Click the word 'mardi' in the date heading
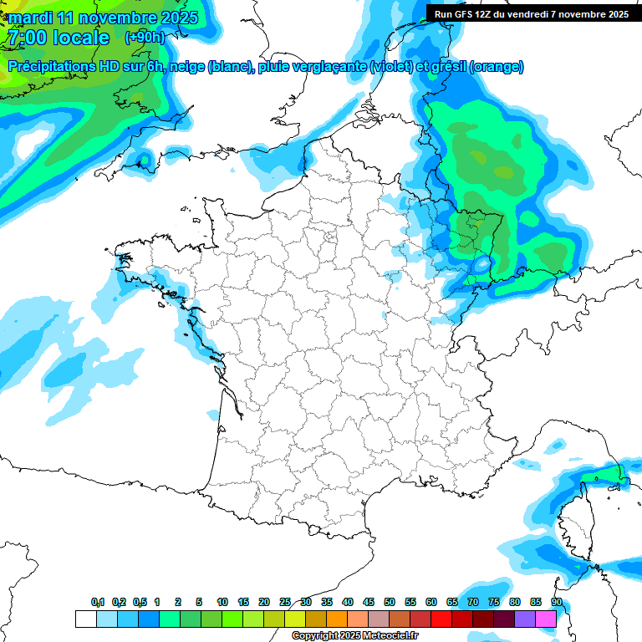click(x=31, y=18)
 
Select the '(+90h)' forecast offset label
click(x=145, y=38)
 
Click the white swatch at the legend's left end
click(x=85, y=619)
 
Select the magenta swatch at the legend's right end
click(x=546, y=619)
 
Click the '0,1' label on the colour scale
click(x=98, y=602)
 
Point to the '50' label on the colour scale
click(x=390, y=602)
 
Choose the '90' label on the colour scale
click(x=557, y=602)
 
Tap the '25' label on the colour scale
click(x=285, y=602)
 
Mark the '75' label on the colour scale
click(x=494, y=602)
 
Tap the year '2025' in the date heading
click(x=177, y=18)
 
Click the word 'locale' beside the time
click(x=80, y=38)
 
